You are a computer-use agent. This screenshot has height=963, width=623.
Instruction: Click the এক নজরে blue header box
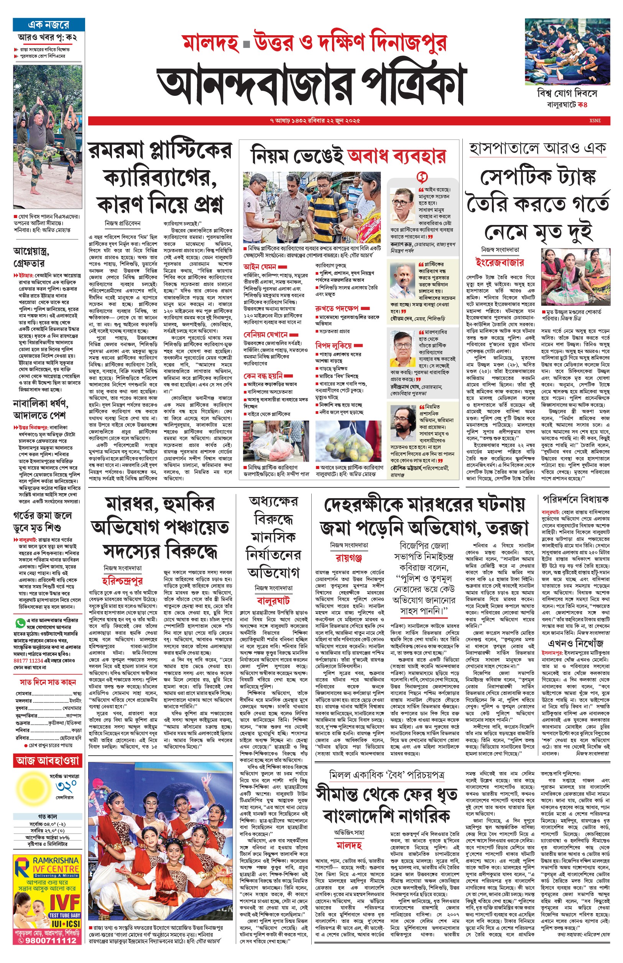point(49,25)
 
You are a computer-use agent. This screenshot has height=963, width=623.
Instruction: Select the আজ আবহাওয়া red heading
point(48,760)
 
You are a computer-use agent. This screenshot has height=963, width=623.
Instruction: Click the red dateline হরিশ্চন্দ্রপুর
point(122,581)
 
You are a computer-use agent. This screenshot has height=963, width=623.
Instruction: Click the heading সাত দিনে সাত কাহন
point(48,682)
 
